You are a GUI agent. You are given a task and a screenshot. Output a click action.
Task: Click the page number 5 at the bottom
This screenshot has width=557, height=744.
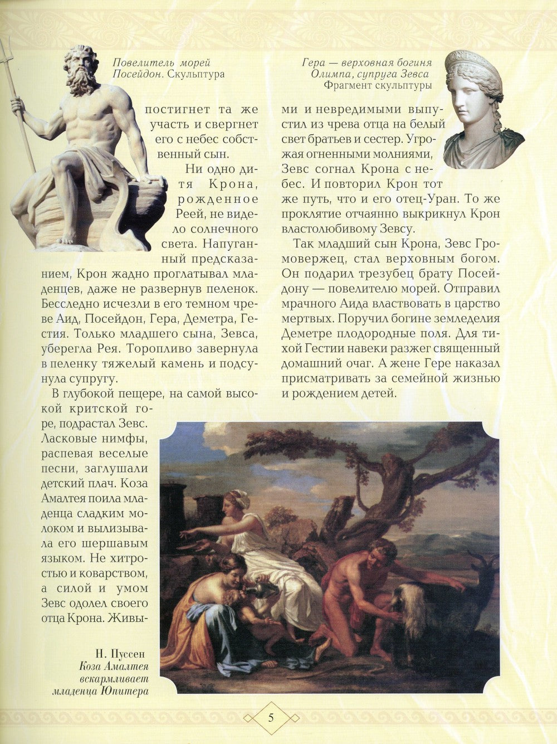(x=270, y=717)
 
